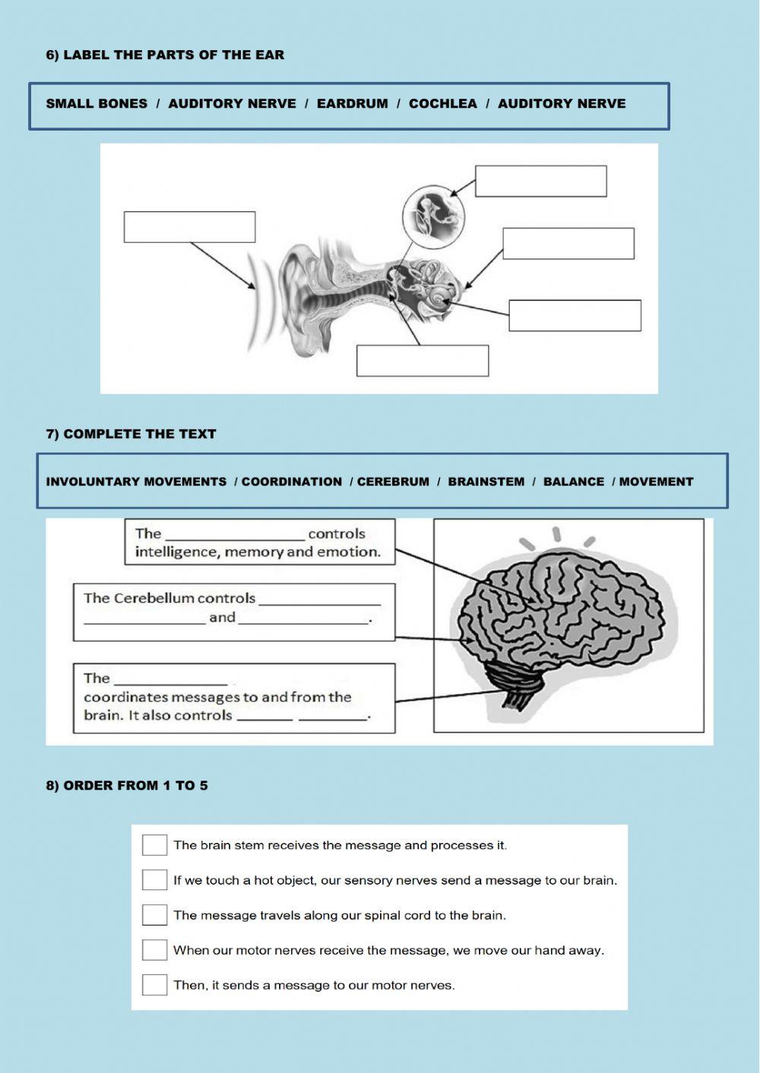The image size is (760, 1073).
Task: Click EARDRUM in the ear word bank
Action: coord(352,104)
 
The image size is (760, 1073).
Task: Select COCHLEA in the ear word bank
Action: coord(442,104)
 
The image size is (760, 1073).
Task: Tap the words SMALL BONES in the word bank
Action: coord(97,104)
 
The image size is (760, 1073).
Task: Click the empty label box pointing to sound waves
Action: coord(189,227)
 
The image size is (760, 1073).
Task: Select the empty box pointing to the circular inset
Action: coord(540,181)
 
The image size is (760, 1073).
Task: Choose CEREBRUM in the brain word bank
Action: coord(393,481)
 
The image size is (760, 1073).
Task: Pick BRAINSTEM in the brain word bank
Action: coord(486,481)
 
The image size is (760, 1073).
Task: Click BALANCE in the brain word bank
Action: coord(573,481)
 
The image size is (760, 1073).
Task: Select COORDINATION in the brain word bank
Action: coord(292,481)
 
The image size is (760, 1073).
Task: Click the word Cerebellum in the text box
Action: coord(154,598)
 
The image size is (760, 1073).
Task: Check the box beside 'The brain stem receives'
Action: coord(154,844)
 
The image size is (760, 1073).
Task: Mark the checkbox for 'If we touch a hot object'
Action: coord(154,879)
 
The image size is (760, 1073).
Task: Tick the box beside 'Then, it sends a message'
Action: coord(154,985)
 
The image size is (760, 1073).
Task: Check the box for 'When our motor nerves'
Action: coord(154,950)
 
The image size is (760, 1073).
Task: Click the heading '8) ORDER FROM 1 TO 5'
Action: coord(127,786)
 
